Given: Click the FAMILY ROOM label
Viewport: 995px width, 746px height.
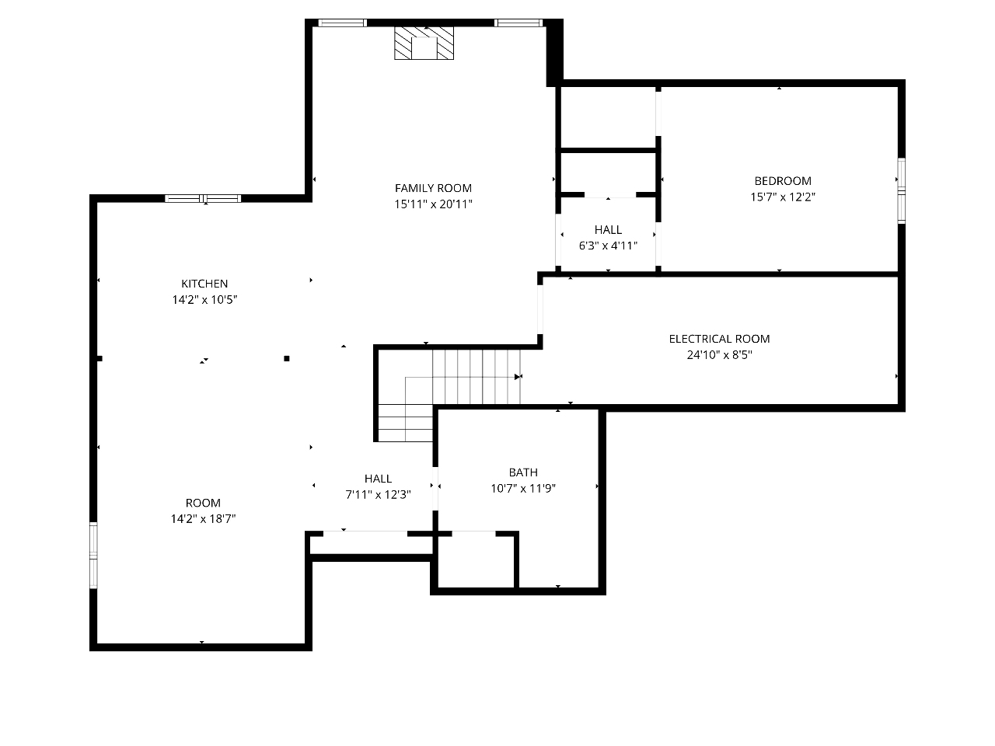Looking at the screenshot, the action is [x=433, y=188].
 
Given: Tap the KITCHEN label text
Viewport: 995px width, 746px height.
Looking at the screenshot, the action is [x=204, y=284].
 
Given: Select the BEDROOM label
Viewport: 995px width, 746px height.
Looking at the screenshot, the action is [x=783, y=181].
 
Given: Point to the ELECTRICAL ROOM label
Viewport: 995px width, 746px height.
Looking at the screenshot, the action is [x=719, y=339].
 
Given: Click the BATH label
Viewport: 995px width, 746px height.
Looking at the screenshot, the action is [x=523, y=472].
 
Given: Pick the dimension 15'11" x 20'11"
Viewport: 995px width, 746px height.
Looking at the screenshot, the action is [x=433, y=204].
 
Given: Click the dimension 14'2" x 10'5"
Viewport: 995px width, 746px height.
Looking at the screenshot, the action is [x=204, y=300].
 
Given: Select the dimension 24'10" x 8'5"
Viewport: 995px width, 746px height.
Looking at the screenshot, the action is [x=719, y=355].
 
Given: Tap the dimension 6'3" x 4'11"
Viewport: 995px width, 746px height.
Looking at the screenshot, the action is [x=608, y=246].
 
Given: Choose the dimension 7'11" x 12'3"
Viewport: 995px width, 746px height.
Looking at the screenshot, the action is [x=378, y=495].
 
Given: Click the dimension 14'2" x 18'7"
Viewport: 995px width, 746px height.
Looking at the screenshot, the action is [x=203, y=519].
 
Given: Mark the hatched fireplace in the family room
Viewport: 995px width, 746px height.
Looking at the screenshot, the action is [x=424, y=43].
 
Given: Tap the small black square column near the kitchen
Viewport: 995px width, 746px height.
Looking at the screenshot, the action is [x=287, y=359].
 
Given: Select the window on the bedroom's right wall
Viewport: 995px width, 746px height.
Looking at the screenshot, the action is [x=902, y=190].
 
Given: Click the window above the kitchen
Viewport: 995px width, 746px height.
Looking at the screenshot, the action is [x=203, y=198].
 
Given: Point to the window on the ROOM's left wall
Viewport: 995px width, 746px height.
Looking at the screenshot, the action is [x=93, y=556].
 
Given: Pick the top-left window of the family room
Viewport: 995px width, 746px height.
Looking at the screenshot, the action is [x=342, y=23].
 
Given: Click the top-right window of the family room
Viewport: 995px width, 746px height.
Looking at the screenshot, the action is [x=518, y=23].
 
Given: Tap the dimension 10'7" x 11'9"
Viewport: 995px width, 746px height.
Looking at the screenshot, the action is [x=523, y=489].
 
